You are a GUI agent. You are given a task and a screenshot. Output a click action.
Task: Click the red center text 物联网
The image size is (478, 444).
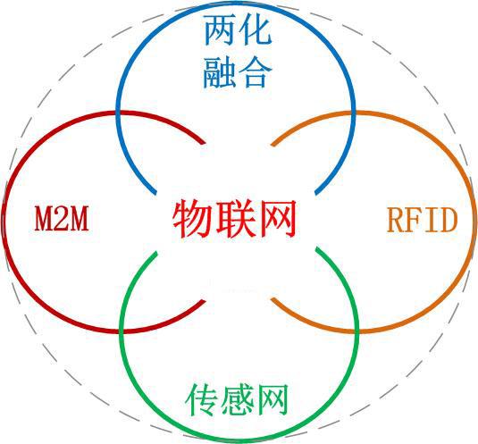(233, 218)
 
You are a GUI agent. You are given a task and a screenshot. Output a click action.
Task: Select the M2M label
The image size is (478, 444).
(61, 218)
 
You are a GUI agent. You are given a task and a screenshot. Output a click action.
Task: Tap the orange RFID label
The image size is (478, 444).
(422, 219)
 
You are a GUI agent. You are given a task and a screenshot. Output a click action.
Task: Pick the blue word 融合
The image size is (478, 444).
(237, 71)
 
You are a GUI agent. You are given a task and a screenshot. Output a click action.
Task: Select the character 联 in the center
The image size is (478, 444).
(234, 218)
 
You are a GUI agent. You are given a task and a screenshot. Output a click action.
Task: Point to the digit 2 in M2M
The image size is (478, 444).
(61, 218)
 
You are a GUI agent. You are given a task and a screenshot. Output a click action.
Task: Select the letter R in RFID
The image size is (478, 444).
(395, 219)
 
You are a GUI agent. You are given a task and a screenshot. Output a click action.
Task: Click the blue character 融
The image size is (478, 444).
(220, 71)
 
